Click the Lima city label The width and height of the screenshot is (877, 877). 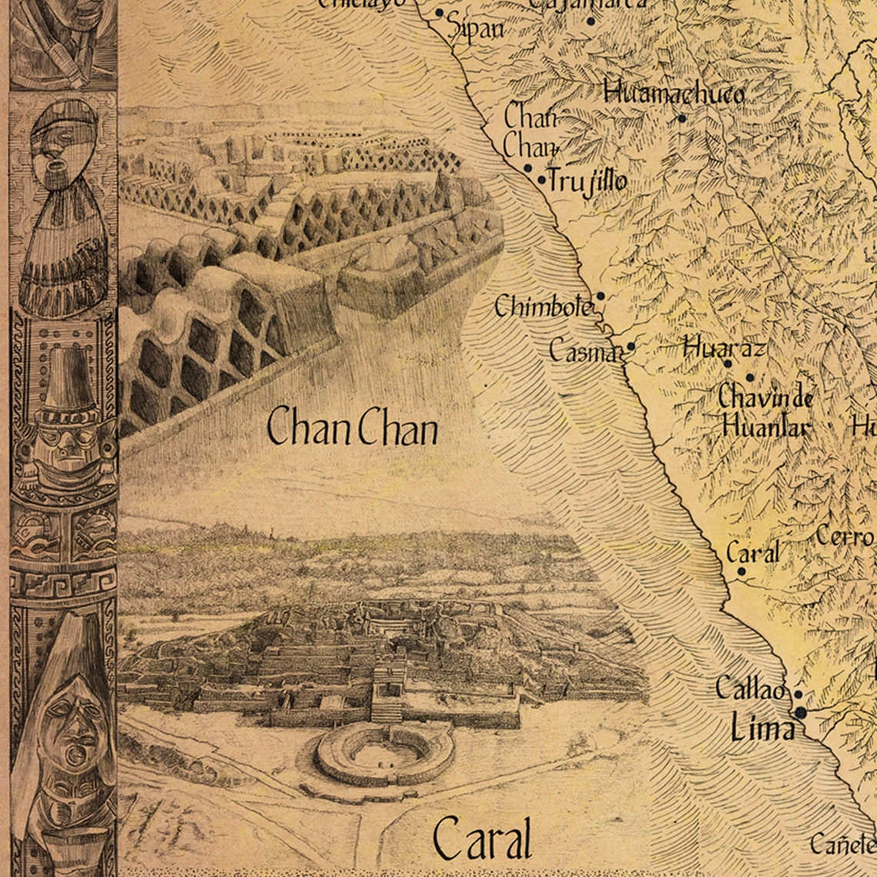click(x=762, y=728)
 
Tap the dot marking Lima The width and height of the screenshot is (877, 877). click(x=801, y=713)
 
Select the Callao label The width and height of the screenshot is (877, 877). click(x=750, y=689)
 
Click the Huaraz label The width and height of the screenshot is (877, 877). click(x=724, y=348)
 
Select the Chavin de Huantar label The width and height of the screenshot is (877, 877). click(x=765, y=412)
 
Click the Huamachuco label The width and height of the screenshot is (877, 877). click(x=675, y=94)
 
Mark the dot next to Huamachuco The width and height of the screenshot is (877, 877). click(x=682, y=118)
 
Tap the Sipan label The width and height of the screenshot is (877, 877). click(x=476, y=29)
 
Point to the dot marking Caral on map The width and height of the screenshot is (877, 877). click(x=742, y=572)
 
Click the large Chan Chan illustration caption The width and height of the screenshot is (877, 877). click(x=352, y=428)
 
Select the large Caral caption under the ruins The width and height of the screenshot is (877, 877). click(x=482, y=839)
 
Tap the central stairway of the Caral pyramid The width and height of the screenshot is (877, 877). click(x=388, y=695)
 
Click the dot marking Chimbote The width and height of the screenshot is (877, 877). click(x=600, y=295)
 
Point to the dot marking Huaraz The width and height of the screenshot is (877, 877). click(x=728, y=364)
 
